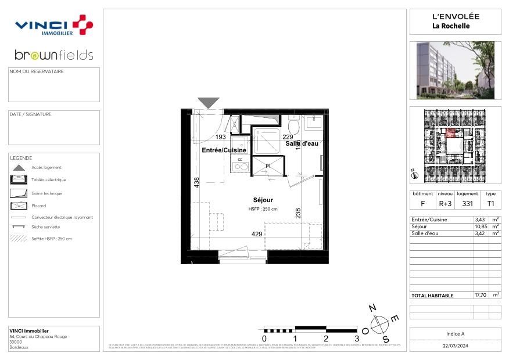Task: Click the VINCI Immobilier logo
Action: [53, 26]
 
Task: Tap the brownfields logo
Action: [53, 55]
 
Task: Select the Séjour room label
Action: [263, 200]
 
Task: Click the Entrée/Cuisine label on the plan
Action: [224, 150]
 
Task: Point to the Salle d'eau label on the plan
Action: [302, 143]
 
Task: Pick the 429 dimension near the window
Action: [257, 234]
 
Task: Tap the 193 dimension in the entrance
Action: [221, 137]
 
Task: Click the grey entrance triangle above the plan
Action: [209, 103]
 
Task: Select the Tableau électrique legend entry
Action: [48, 180]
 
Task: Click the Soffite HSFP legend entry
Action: [52, 239]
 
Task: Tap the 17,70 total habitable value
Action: [481, 295]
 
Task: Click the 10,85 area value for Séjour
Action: [481, 226]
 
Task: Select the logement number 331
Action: [467, 204]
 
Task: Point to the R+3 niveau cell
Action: [445, 204]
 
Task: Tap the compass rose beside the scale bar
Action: [379, 323]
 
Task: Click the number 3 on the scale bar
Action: [356, 338]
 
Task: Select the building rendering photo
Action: [455, 70]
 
